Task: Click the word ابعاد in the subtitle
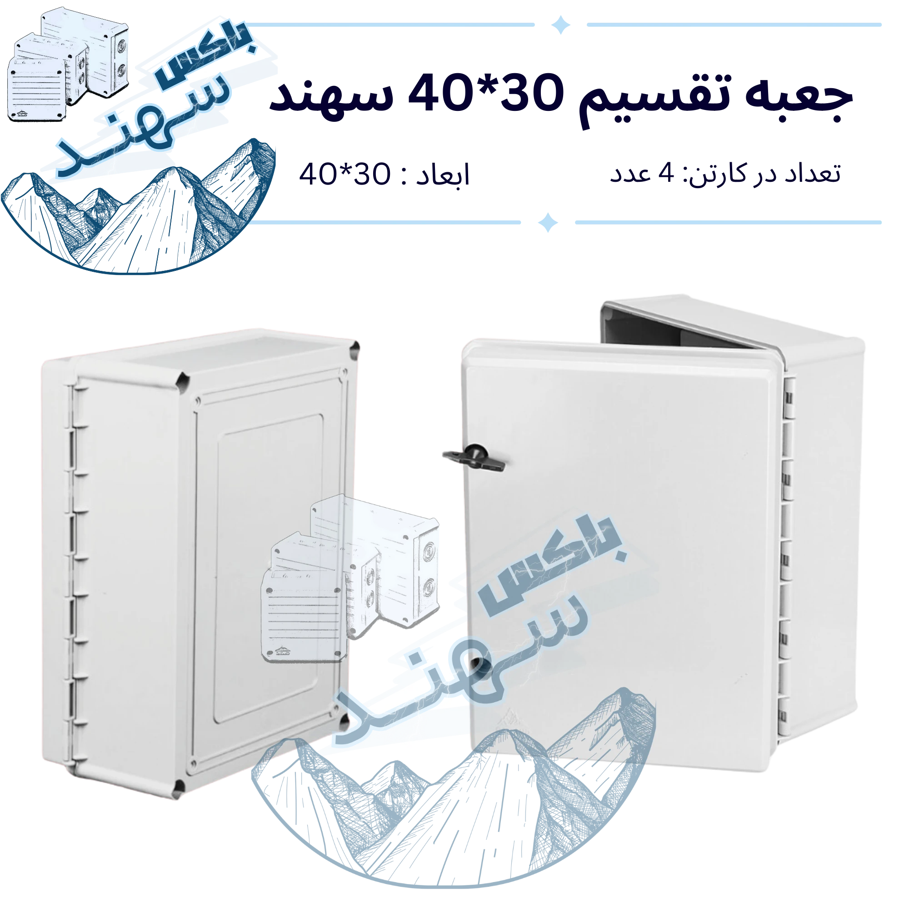pyautogui.click(x=442, y=175)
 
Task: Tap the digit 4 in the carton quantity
pyautogui.click(x=666, y=173)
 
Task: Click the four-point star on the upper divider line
pyautogui.click(x=560, y=25)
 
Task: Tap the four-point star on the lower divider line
pyautogui.click(x=548, y=222)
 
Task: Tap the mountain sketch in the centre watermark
pyautogui.click(x=454, y=790)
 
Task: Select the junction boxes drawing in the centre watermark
pyautogui.click(x=350, y=579)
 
